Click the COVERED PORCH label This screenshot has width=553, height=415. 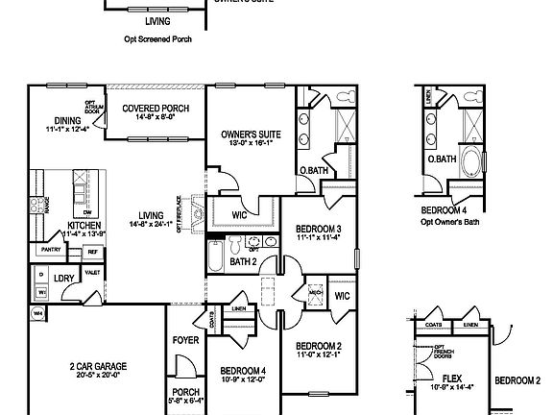tap(156, 109)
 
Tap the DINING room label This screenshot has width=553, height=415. tap(66, 120)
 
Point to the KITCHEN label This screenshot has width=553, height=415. tap(82, 225)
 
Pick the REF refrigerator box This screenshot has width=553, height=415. tap(93, 252)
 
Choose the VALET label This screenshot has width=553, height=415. tap(94, 272)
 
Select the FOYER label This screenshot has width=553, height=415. tap(185, 340)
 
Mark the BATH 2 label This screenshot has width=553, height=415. tap(242, 260)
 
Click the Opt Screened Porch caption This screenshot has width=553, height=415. tap(159, 40)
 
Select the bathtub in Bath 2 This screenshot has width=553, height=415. tap(215, 256)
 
